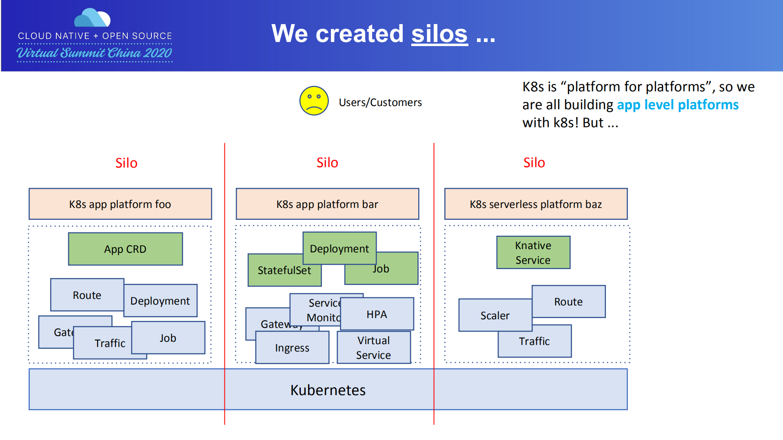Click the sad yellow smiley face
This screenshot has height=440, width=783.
click(x=314, y=101)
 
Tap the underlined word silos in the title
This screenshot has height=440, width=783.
click(x=439, y=34)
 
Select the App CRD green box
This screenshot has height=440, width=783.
click(x=125, y=249)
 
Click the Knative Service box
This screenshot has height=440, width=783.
click(x=533, y=252)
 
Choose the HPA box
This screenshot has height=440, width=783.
click(x=377, y=314)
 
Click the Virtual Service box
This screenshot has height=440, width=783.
click(x=373, y=347)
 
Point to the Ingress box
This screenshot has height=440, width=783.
click(x=292, y=348)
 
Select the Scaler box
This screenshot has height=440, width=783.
click(x=495, y=316)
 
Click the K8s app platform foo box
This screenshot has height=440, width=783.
click(x=120, y=204)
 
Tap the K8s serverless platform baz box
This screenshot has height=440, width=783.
click(x=535, y=204)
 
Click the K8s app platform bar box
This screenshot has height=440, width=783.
click(x=327, y=204)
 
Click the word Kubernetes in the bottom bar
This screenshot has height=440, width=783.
click(x=328, y=390)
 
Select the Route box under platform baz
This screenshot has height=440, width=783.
click(x=568, y=302)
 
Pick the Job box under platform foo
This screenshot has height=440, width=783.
click(x=168, y=338)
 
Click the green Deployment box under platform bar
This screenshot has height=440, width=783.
click(x=339, y=248)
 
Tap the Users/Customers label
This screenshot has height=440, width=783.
click(x=380, y=102)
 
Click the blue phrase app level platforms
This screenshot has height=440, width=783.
click(x=677, y=105)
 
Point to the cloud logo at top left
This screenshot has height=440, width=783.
click(x=92, y=18)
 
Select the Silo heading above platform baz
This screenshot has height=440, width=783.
click(x=534, y=163)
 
